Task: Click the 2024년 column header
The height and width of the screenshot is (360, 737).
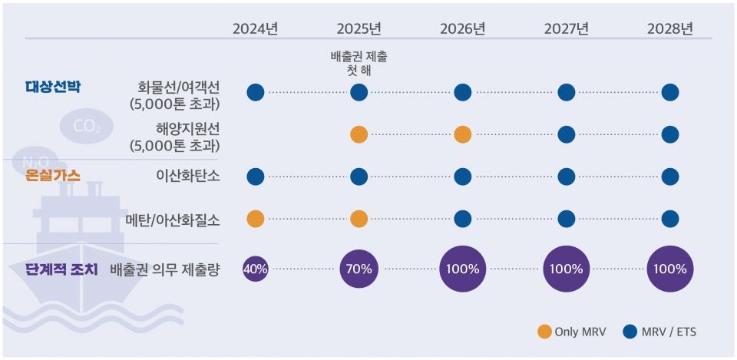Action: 255,29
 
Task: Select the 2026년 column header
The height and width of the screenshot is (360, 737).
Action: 462,29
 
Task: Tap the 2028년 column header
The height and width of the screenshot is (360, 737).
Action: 669,29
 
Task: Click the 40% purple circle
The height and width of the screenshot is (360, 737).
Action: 255,269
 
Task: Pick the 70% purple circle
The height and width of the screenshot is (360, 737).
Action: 359,269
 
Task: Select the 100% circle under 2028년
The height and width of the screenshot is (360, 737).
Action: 669,269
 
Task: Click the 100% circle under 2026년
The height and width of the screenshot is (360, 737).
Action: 462,269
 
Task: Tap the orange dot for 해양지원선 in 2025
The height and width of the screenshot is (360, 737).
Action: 359,134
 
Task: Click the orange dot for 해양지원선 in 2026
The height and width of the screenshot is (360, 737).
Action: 462,134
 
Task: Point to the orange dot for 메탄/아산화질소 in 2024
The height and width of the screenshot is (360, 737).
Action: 255,219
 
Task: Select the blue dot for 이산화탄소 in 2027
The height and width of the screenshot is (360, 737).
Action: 566,177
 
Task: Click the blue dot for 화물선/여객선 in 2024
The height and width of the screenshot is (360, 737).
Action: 255,92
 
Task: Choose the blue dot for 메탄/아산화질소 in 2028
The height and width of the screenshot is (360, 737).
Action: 669,219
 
